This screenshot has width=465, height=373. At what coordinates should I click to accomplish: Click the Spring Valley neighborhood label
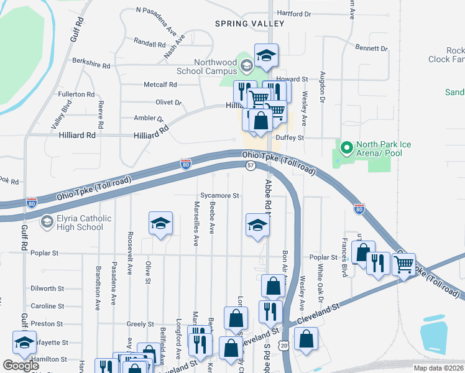coord(249,24)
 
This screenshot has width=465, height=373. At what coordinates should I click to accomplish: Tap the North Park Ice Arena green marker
coord(346,149)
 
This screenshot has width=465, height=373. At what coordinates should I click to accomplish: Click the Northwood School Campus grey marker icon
coord(246,65)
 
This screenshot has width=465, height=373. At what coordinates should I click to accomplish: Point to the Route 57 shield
coord(250,165)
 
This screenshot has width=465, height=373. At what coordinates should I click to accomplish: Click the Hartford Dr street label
coord(294,13)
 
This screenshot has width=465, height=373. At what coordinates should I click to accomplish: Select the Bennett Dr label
coord(371,48)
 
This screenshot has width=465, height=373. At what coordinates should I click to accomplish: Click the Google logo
coord(21,366)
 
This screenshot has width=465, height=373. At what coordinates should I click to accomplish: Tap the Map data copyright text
coord(438,368)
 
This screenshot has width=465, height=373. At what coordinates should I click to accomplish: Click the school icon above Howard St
coord(265,57)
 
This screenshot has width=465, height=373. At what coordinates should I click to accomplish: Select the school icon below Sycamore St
coord(257,226)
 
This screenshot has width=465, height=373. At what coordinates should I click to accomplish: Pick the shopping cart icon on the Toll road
coord(404,265)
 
